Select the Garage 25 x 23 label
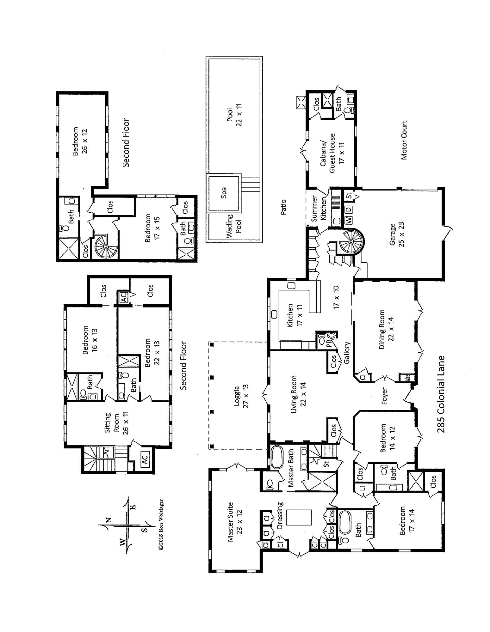(x=397, y=235)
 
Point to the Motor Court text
(x=404, y=140)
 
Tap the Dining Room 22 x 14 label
(x=386, y=329)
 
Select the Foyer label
(x=384, y=396)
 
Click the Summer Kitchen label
(x=319, y=208)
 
